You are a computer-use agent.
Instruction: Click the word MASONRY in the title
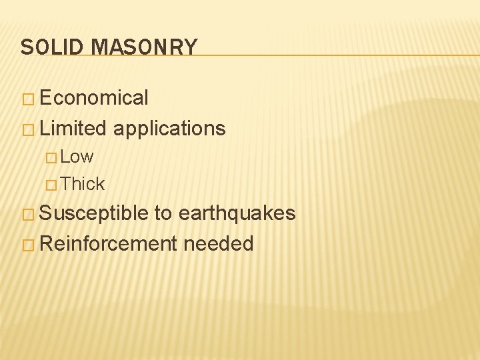click(144, 47)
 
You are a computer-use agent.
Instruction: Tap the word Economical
click(94, 98)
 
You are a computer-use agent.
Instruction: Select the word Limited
click(73, 128)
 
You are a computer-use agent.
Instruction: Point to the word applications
click(169, 129)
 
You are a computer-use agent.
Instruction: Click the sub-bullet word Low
click(77, 157)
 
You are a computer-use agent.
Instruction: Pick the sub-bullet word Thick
click(83, 183)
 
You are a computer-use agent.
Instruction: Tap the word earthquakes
click(237, 213)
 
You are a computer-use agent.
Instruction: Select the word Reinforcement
click(108, 243)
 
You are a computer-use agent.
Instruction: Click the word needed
click(219, 243)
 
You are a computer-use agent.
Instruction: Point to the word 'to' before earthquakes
click(163, 214)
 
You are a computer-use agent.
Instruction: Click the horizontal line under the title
click(333, 55)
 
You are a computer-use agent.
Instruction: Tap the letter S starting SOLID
click(26, 47)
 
